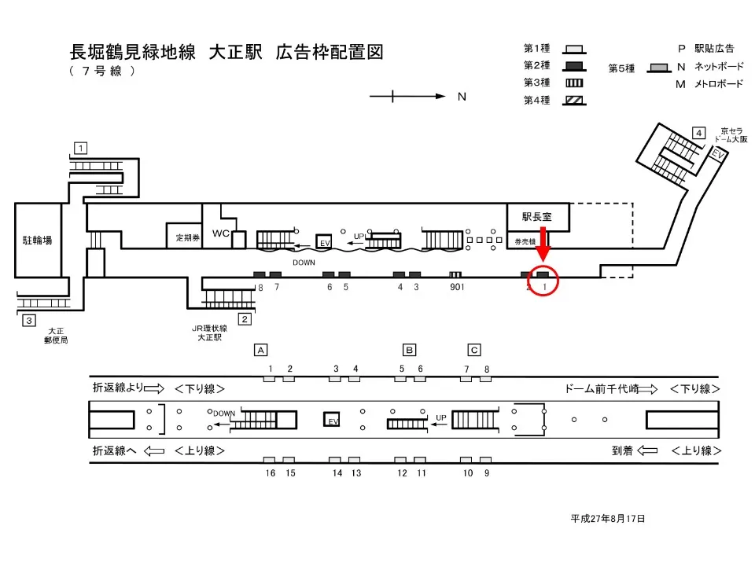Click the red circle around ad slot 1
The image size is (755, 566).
[x=543, y=280]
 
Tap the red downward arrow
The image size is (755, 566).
[x=543, y=244]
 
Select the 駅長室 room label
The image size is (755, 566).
[x=537, y=217]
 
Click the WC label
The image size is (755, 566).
[x=220, y=233]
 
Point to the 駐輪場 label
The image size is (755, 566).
[x=37, y=241]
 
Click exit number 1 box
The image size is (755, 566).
[x=80, y=148]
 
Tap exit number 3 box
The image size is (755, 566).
[x=29, y=320]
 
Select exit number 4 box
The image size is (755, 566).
[x=698, y=133]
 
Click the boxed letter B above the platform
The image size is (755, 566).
[x=409, y=350]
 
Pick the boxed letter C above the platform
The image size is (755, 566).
[x=474, y=350]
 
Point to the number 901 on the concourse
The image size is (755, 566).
[x=457, y=288]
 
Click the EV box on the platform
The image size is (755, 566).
[x=332, y=419]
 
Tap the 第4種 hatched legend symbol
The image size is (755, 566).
[x=574, y=101]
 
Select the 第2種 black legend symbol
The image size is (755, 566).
[x=574, y=66]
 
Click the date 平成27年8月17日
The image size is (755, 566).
[x=608, y=518]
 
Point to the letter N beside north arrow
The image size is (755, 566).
[x=462, y=97]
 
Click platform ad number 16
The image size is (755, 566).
[x=270, y=473]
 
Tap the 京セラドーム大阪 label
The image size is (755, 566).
[x=731, y=135]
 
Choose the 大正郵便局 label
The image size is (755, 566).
[x=56, y=336]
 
